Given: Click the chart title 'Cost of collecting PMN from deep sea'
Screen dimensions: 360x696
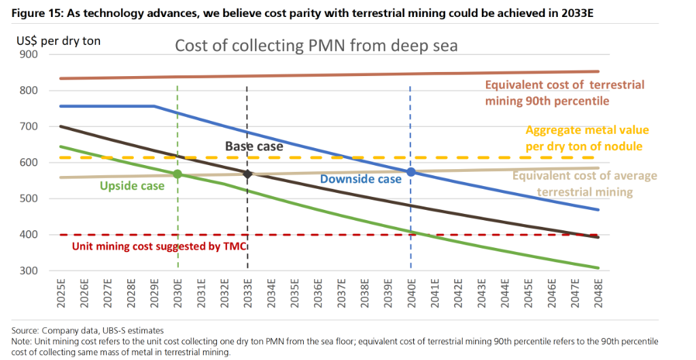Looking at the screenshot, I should coord(316,46).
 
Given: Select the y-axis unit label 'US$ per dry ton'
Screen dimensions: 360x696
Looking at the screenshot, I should coord(58,41).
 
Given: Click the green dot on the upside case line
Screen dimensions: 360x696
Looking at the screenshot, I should coord(177,174).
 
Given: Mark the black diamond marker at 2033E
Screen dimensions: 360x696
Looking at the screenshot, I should coord(247,175).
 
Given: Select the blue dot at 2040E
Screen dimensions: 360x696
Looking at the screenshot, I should coord(411,173).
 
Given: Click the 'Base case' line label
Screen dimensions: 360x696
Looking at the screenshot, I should coord(254,146).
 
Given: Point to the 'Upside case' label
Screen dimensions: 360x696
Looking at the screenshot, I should coord(132,185).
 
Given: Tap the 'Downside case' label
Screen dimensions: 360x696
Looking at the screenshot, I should coord(361,179).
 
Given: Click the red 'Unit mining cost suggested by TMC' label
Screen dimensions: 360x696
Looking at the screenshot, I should coord(159,246).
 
